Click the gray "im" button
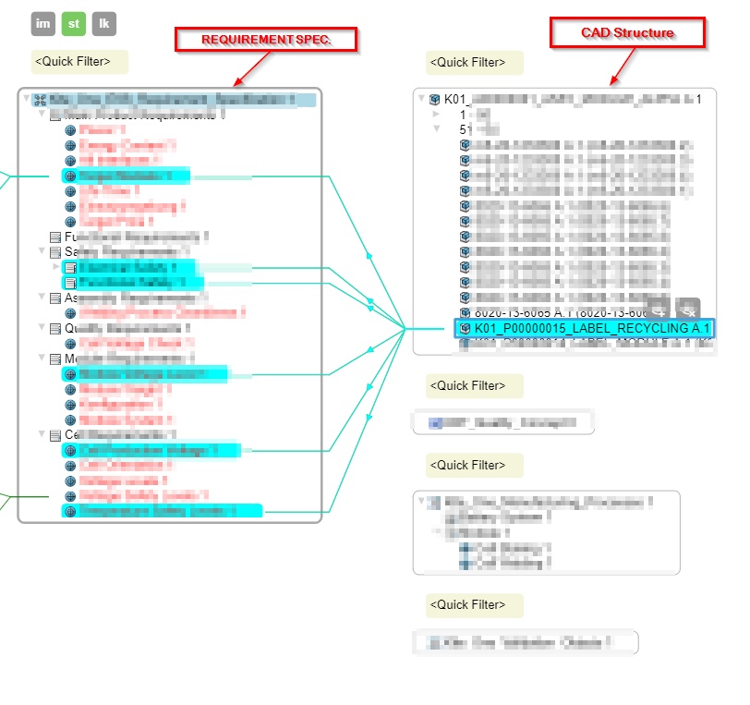coord(43,24)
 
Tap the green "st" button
coord(74,24)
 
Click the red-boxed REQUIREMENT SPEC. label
coord(266,40)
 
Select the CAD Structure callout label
coord(627,33)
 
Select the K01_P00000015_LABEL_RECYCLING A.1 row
coord(591,328)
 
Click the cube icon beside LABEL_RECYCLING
coord(466,328)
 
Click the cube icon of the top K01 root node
coord(434,99)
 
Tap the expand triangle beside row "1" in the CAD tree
coord(436,114)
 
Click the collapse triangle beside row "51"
coord(436,129)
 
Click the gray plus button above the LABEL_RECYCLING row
coord(658,310)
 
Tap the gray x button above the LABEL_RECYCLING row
coord(688,310)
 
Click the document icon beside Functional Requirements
coord(55,237)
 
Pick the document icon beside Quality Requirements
coord(55,328)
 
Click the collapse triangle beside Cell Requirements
coord(42,434)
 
